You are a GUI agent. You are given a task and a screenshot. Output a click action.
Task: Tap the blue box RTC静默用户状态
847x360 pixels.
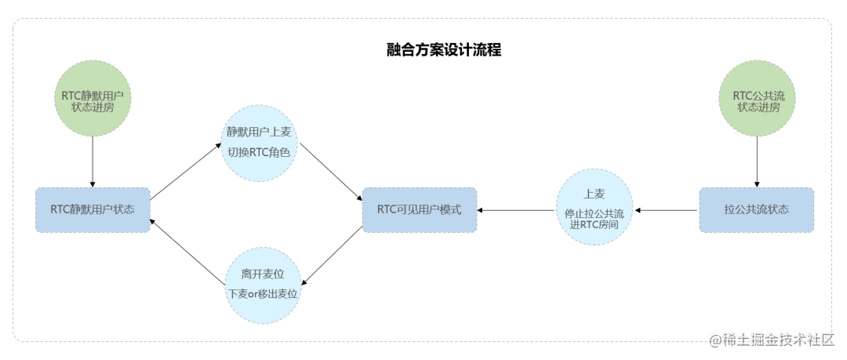93,209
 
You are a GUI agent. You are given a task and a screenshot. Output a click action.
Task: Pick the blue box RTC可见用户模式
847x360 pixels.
420,209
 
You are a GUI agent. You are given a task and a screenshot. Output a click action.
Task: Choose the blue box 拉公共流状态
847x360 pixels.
756,209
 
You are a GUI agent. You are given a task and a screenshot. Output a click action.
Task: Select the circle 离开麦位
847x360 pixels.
263,284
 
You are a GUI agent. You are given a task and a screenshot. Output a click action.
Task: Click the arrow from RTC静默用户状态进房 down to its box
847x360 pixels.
93,162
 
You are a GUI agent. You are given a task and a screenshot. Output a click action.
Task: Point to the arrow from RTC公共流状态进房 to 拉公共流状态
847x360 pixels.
756,162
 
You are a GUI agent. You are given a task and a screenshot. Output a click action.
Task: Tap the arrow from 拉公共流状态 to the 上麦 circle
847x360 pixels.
667,210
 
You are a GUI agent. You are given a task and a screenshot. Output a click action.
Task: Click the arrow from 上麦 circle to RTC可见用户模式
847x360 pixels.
518,210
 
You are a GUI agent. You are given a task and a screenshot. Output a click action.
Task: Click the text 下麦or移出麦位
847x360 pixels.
263,293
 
